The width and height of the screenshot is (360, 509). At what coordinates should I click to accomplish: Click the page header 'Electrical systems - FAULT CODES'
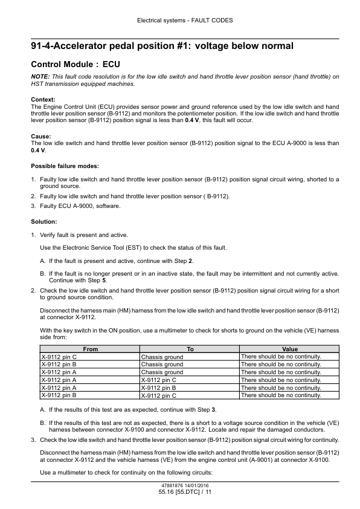point(180,20)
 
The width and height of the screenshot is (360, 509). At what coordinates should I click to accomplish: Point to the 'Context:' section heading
point(43,99)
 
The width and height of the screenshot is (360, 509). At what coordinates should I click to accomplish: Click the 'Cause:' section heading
point(40,136)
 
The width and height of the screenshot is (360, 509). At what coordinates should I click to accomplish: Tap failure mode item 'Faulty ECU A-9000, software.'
point(80,206)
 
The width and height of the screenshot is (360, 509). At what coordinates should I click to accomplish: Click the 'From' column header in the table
point(90,349)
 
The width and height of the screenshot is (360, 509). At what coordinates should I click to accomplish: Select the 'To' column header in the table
point(190,349)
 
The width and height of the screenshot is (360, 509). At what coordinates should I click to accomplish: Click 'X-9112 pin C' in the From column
point(58,357)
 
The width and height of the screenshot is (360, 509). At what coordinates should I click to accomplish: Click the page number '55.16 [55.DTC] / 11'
point(180,493)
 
